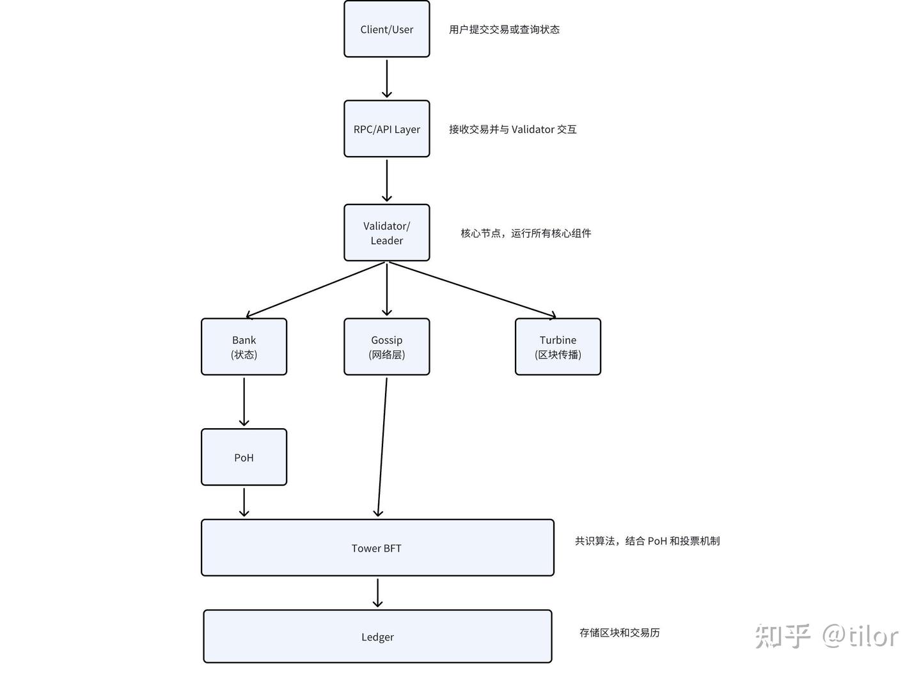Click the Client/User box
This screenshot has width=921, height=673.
click(x=386, y=29)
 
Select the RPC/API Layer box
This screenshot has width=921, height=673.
click(x=386, y=129)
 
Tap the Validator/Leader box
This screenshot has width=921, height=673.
click(x=386, y=233)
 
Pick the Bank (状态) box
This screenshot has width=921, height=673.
click(x=244, y=347)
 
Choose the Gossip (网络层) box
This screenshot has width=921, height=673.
click(x=386, y=347)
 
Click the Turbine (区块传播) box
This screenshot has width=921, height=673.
click(x=558, y=347)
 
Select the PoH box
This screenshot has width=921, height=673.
click(x=244, y=458)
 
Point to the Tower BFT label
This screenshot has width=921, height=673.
click(x=376, y=548)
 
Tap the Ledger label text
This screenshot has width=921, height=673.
click(x=377, y=637)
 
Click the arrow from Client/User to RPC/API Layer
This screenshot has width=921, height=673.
click(x=386, y=78)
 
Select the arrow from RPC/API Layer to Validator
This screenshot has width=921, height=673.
click(x=386, y=180)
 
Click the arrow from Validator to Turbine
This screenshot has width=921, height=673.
click(x=472, y=290)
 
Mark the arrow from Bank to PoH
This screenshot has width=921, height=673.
click(x=244, y=401)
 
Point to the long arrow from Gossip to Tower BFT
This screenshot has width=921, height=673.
click(x=382, y=447)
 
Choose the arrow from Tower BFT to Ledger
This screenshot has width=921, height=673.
click(x=377, y=592)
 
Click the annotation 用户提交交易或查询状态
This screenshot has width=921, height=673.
click(x=504, y=29)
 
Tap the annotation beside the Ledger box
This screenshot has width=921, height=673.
click(x=619, y=633)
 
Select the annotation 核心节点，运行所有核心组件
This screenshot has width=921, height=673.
click(x=526, y=233)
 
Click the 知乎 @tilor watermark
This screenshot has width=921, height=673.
click(x=826, y=636)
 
